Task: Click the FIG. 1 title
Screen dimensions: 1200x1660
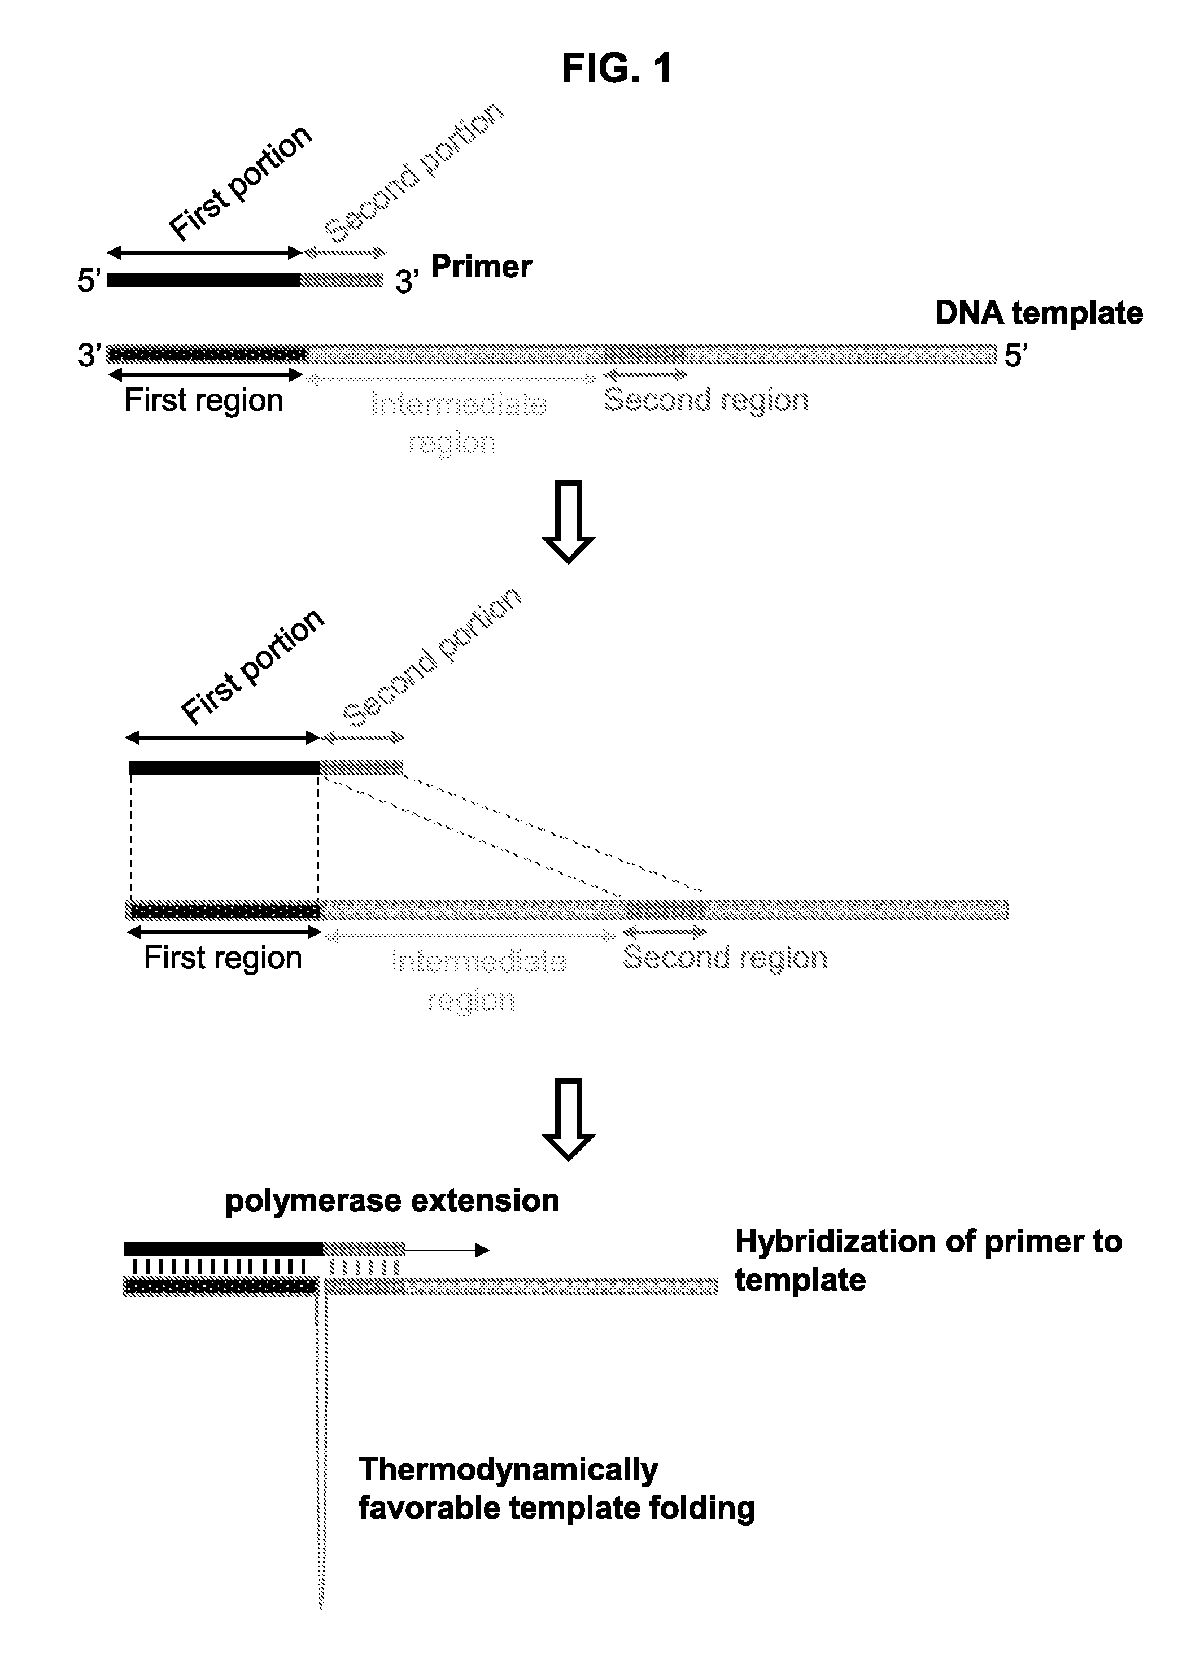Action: click(617, 68)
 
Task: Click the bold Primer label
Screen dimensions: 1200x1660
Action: click(481, 267)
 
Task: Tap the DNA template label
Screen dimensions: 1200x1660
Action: click(1039, 313)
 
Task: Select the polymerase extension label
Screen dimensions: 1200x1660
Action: click(392, 1201)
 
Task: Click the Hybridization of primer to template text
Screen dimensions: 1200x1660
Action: click(928, 1260)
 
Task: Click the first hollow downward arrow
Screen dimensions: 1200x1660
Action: click(568, 522)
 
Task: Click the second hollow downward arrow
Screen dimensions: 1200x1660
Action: click(568, 1119)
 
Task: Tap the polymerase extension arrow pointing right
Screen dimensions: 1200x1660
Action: click(447, 1250)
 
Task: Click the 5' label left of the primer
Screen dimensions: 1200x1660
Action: click(89, 280)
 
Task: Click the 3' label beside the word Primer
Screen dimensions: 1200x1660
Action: click(407, 282)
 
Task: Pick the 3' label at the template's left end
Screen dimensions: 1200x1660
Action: click(89, 356)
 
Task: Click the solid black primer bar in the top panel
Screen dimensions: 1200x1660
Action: click(203, 279)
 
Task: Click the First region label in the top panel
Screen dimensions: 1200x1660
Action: click(203, 401)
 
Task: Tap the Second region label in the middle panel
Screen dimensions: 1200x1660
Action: click(725, 958)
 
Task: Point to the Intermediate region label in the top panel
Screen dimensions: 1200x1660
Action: click(459, 423)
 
